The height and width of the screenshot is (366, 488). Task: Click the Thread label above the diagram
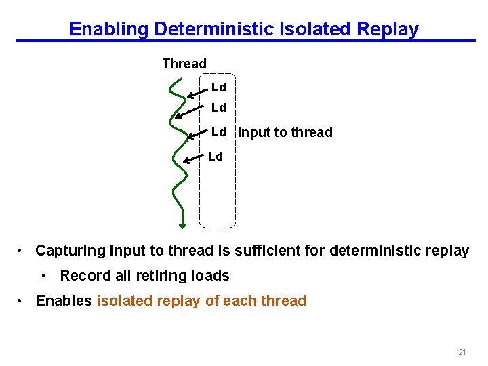[184, 64]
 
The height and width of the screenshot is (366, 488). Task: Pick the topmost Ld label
[218, 87]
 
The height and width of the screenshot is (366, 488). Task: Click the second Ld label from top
[218, 108]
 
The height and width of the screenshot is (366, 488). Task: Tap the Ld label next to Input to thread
[218, 131]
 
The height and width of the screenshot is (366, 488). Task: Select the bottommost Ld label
[215, 157]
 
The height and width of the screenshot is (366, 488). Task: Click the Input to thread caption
[285, 132]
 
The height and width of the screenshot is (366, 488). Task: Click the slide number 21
[462, 352]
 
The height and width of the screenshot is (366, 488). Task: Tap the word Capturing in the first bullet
[70, 251]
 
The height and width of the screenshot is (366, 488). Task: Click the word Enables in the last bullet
[64, 301]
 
